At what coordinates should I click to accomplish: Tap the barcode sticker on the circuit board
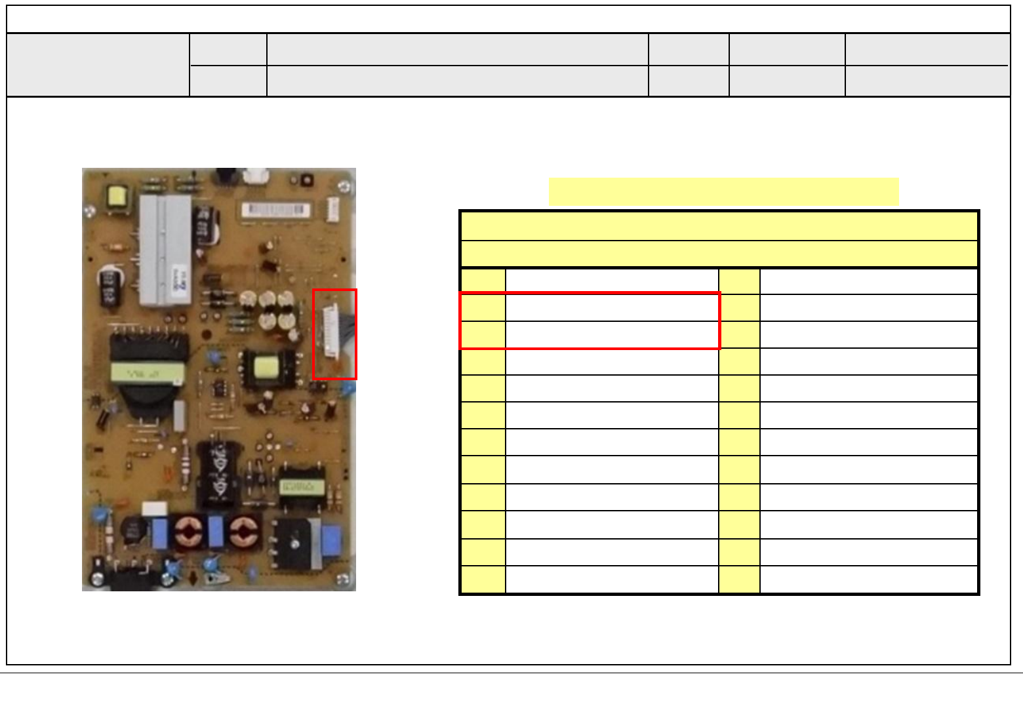coord(275,210)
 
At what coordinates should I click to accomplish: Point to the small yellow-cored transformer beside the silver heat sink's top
coord(117,197)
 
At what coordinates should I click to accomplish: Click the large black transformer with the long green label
coord(148,374)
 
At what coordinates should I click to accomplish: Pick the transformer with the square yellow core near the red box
coord(268,368)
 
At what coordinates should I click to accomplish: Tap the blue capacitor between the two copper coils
coord(216,532)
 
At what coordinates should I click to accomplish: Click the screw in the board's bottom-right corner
coord(342,580)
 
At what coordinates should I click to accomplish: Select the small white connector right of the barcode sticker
coord(332,210)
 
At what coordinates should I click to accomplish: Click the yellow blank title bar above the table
coord(723,191)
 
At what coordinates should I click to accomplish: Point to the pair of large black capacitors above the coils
coord(219,473)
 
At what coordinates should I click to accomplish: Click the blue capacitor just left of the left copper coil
coord(161,533)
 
